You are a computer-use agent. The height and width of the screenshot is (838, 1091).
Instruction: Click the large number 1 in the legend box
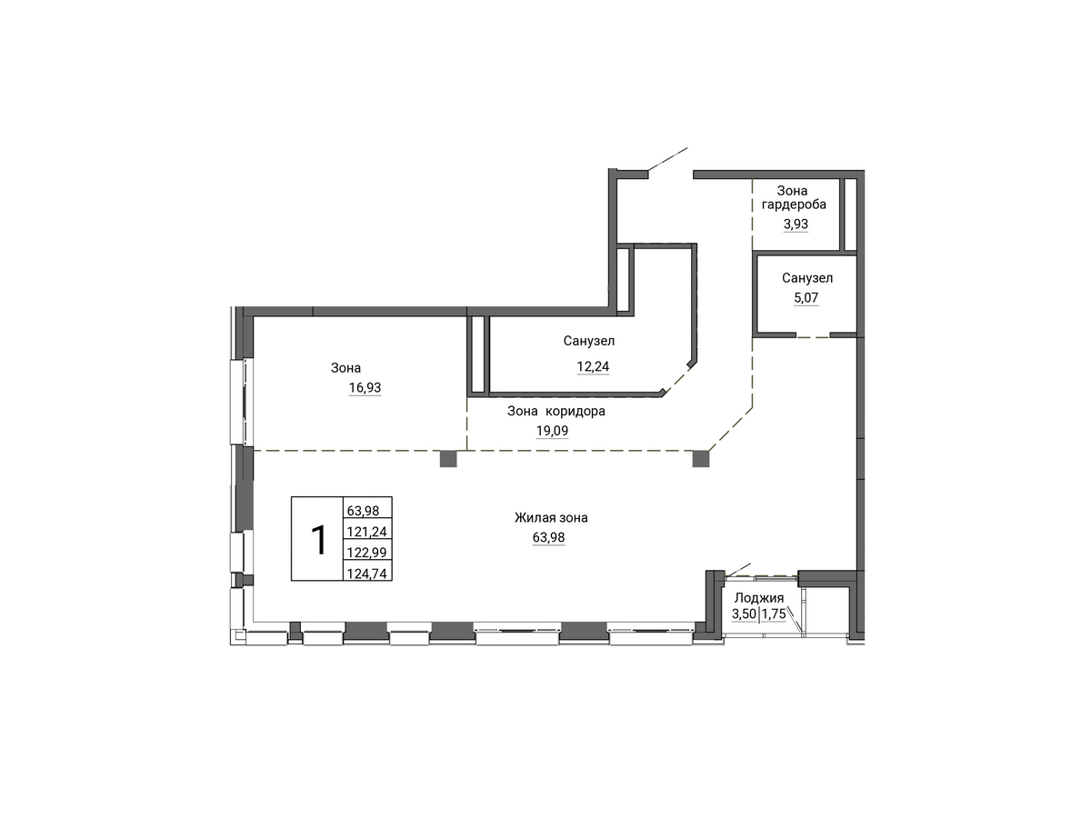pyautogui.click(x=318, y=540)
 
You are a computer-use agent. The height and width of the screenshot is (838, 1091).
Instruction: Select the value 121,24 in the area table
pyautogui.click(x=367, y=532)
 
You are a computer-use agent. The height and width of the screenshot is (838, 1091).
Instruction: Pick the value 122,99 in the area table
pyautogui.click(x=367, y=553)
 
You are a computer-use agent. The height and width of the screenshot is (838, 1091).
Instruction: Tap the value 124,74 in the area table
pyautogui.click(x=367, y=573)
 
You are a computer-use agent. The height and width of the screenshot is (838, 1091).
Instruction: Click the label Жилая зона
pyautogui.click(x=551, y=517)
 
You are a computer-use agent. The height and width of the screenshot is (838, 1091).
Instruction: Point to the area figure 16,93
pyautogui.click(x=365, y=388)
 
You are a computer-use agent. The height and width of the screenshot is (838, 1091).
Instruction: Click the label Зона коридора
pyautogui.click(x=556, y=412)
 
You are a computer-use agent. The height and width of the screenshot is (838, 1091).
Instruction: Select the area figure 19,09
pyautogui.click(x=552, y=431)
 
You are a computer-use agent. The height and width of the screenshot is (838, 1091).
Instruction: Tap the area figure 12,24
pyautogui.click(x=593, y=367)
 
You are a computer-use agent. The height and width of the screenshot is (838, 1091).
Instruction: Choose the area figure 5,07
pyautogui.click(x=806, y=298)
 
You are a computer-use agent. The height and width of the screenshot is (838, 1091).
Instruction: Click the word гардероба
pyautogui.click(x=794, y=205)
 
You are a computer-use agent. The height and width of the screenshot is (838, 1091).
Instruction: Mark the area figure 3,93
pyautogui.click(x=796, y=224)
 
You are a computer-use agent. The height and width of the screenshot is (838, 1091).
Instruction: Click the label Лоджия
pyautogui.click(x=758, y=598)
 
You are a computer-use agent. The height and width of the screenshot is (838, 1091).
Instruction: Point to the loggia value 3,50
pyautogui.click(x=744, y=614)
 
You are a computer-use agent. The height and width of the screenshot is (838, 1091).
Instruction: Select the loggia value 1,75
pyautogui.click(x=774, y=614)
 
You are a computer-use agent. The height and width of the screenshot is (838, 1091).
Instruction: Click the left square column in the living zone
pyautogui.click(x=448, y=459)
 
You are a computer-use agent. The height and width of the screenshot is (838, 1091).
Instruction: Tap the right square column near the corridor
pyautogui.click(x=701, y=459)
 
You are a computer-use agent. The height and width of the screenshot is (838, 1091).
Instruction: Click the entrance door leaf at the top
pyautogui.click(x=667, y=160)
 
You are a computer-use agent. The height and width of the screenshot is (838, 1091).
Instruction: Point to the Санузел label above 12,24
pyautogui.click(x=589, y=341)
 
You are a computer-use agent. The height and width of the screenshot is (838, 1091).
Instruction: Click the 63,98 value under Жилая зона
pyautogui.click(x=549, y=537)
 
